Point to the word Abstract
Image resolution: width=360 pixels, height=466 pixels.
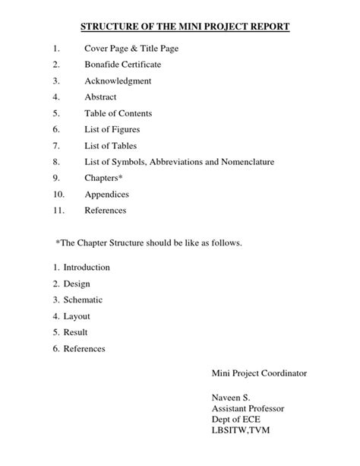point(101,97)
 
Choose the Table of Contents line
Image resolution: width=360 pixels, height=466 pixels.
point(118,113)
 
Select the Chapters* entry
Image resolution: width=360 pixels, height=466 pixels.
point(103,178)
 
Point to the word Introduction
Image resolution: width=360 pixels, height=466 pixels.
point(87,268)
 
